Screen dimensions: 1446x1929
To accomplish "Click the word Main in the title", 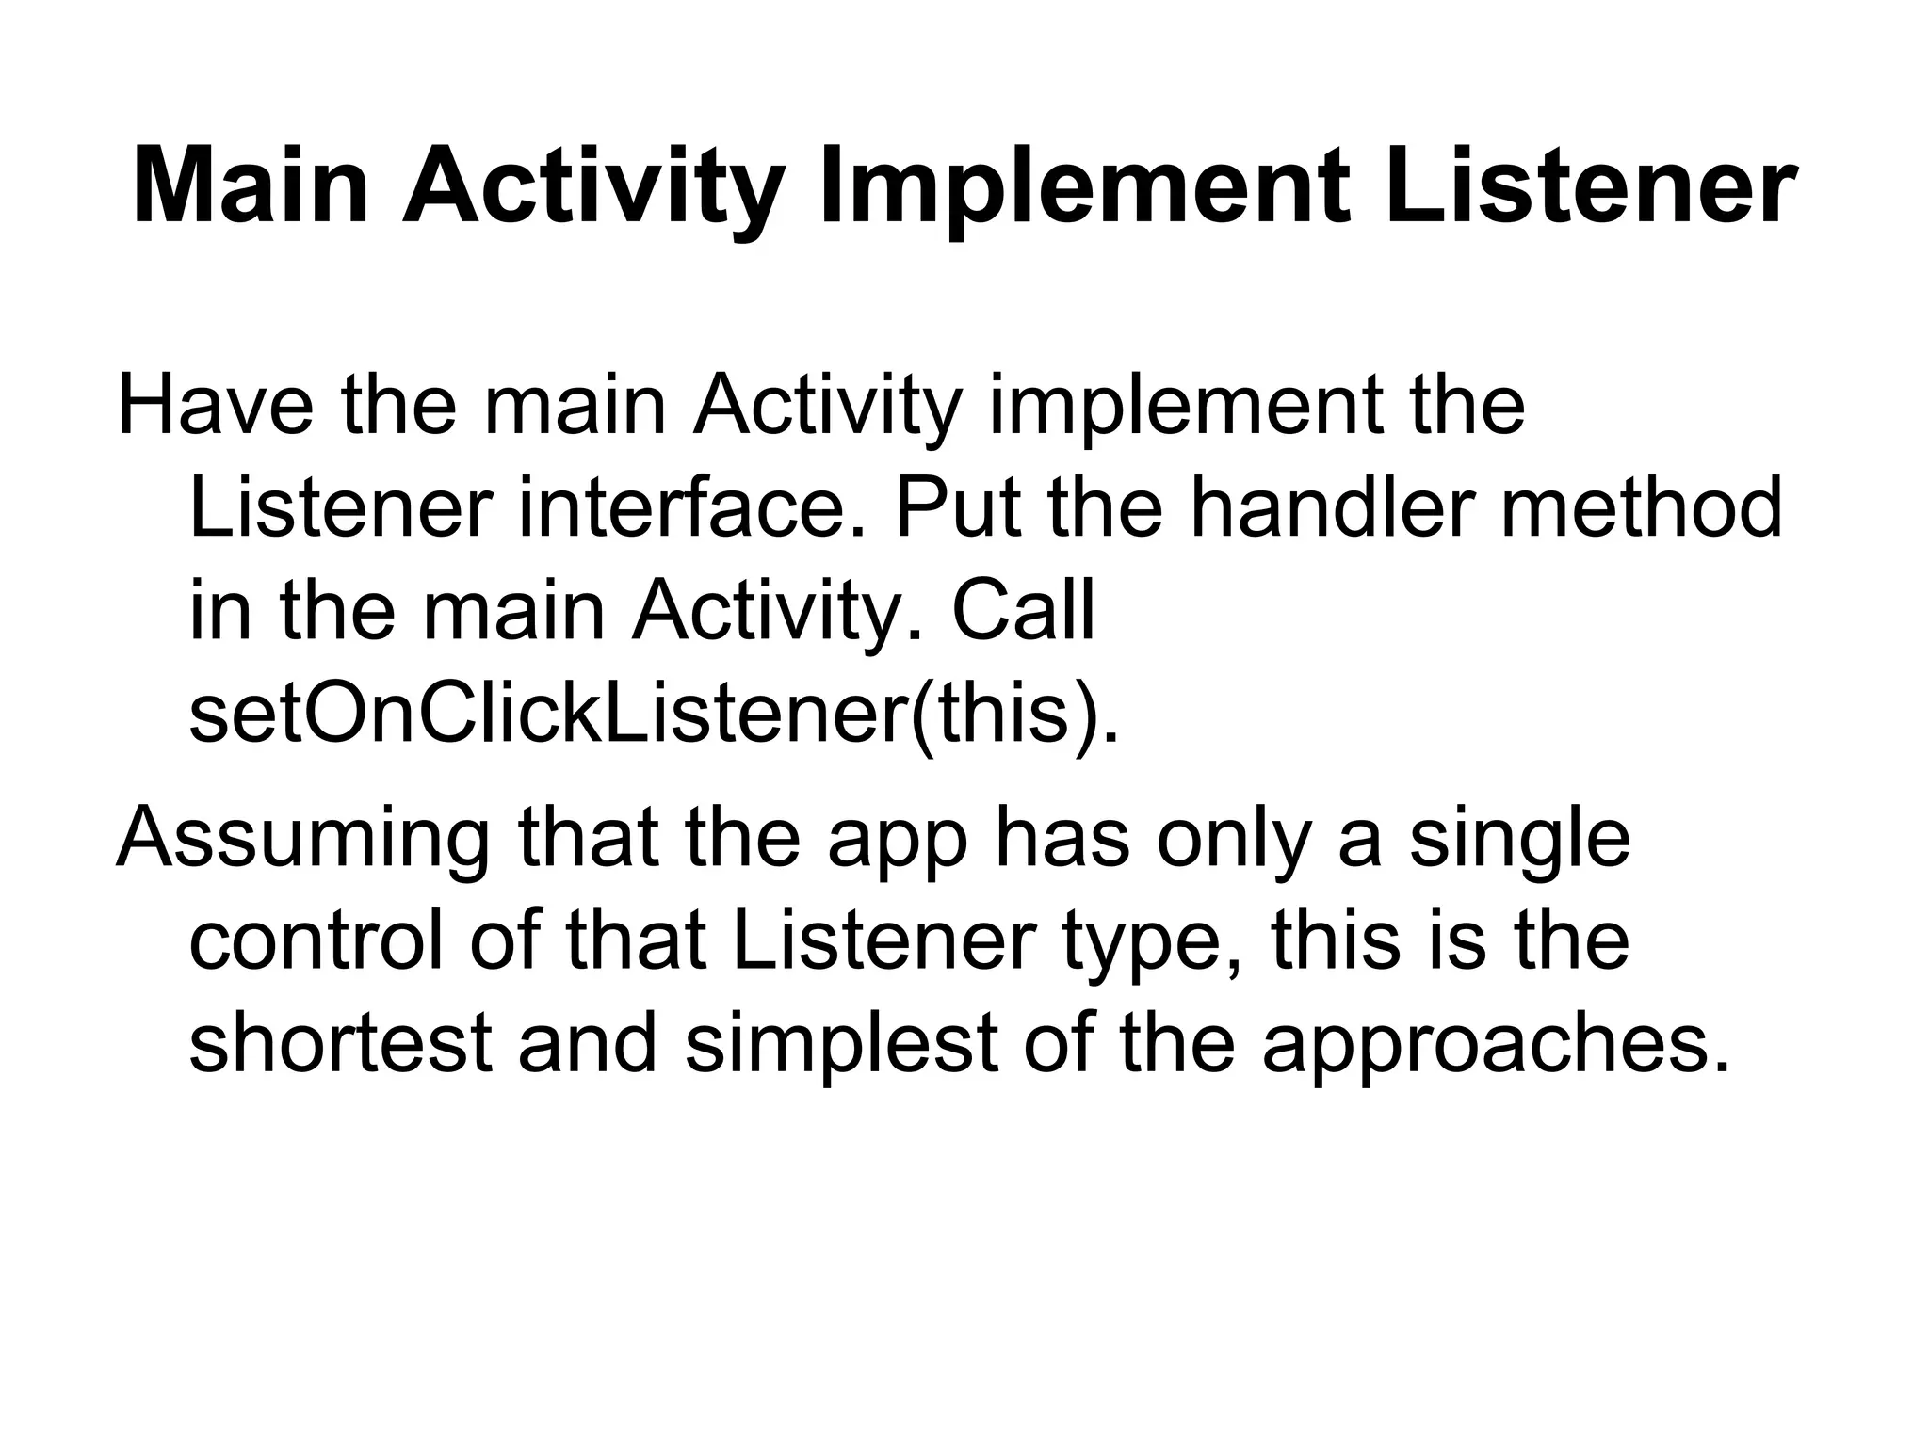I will [251, 189].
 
